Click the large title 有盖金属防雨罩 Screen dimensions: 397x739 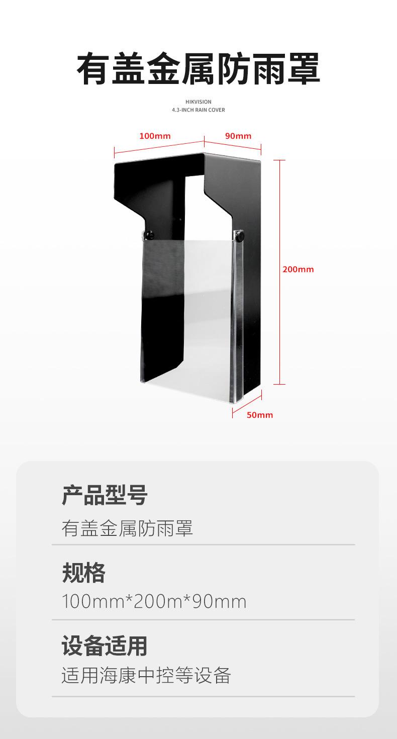point(198,69)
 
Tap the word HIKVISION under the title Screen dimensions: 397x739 point(198,102)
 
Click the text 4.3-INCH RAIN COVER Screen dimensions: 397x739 point(198,110)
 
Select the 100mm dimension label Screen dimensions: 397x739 point(155,136)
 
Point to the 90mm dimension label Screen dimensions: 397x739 point(238,136)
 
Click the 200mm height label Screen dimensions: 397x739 point(298,269)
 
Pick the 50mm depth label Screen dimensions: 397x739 point(260,415)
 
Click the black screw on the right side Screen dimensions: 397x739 point(240,234)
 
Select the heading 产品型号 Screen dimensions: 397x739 point(105,496)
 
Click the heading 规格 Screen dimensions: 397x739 point(83,573)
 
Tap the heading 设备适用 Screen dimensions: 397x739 point(105,646)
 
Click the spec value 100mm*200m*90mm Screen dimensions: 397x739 point(154,601)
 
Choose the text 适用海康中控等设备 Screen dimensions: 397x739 point(146,676)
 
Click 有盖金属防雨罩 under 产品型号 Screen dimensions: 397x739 point(127,529)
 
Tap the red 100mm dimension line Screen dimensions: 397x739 point(159,145)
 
